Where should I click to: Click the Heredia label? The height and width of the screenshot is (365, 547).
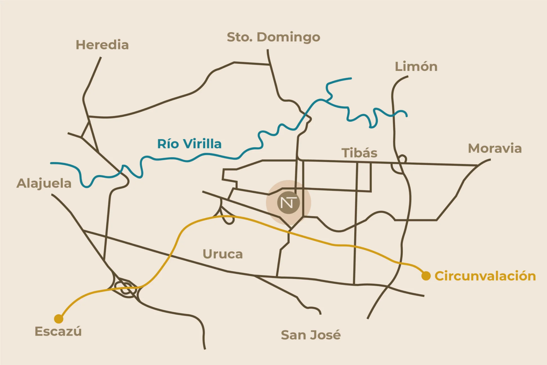(102, 45)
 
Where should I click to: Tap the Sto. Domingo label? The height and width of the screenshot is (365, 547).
(273, 37)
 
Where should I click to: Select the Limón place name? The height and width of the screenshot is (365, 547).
(416, 67)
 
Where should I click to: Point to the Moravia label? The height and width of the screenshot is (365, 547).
(495, 148)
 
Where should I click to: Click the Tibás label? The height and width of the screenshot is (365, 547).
(359, 153)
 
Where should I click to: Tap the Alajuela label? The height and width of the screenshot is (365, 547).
(44, 184)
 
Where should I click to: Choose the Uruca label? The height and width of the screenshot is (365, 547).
(223, 254)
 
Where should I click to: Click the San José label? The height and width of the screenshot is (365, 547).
(311, 335)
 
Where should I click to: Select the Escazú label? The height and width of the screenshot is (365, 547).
(58, 332)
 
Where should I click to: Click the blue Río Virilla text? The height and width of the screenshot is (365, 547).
(189, 144)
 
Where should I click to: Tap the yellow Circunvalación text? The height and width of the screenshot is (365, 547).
(485, 276)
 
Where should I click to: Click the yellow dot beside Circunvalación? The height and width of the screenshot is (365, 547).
(426, 276)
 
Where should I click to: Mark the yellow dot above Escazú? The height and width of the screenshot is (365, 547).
(59, 319)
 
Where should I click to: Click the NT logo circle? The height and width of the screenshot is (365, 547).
(288, 203)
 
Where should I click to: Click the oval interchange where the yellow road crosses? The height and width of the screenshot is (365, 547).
(126, 288)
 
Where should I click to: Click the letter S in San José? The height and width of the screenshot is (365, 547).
(286, 335)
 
